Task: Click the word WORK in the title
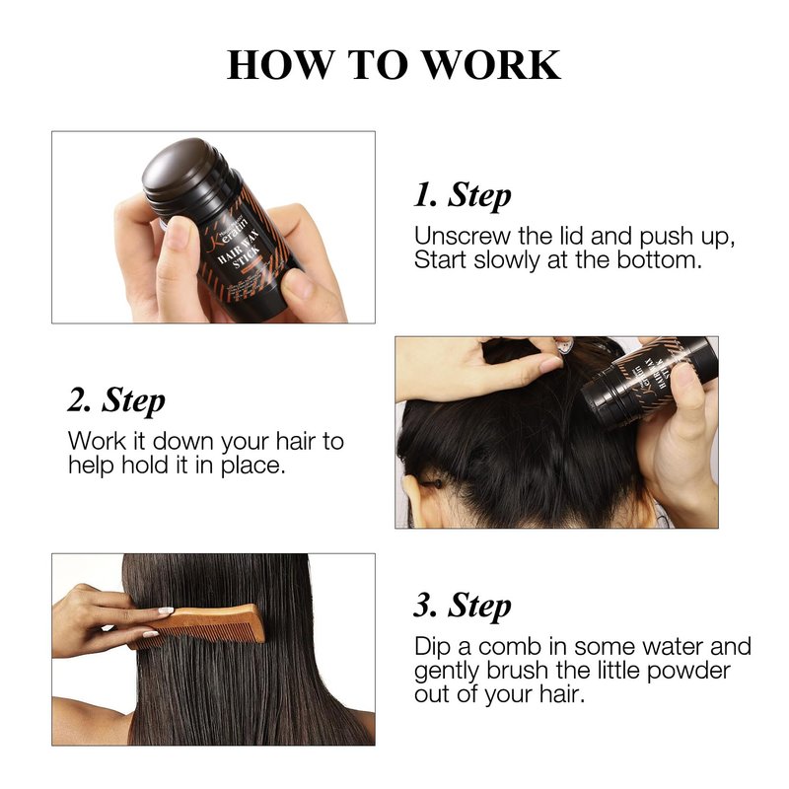click(490, 64)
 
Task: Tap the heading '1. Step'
click(462, 195)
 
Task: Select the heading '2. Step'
click(116, 400)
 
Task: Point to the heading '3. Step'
click(462, 606)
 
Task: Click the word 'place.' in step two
click(253, 466)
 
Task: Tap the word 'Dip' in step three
click(432, 647)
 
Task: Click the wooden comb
click(198, 625)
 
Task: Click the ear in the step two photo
click(410, 502)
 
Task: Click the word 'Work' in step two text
click(98, 441)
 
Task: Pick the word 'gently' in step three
click(447, 672)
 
